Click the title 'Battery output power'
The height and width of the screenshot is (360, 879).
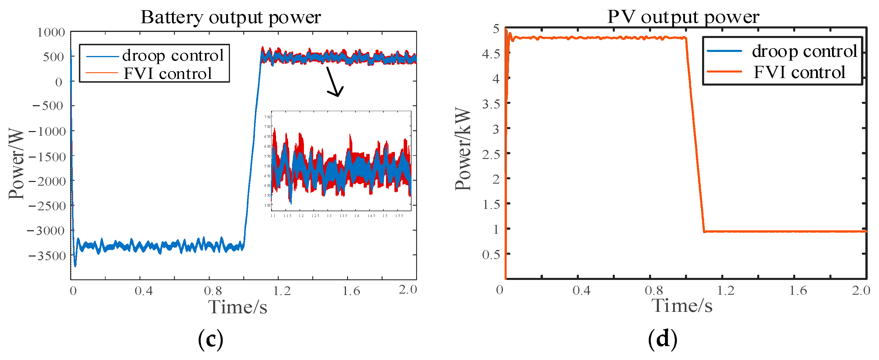coord(230,17)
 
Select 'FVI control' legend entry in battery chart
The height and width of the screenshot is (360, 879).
coord(168,73)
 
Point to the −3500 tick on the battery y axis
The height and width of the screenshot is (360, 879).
coord(47,256)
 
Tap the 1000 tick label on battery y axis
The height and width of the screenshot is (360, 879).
coord(51,32)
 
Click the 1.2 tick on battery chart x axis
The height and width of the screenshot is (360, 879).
coord(282,291)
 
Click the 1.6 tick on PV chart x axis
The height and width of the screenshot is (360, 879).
coord(798,290)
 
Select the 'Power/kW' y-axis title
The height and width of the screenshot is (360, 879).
coord(463,149)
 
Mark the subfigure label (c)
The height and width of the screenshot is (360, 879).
coord(211,339)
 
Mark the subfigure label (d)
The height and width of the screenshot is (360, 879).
coord(662,339)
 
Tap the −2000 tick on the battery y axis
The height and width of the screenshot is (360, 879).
coord(47,181)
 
